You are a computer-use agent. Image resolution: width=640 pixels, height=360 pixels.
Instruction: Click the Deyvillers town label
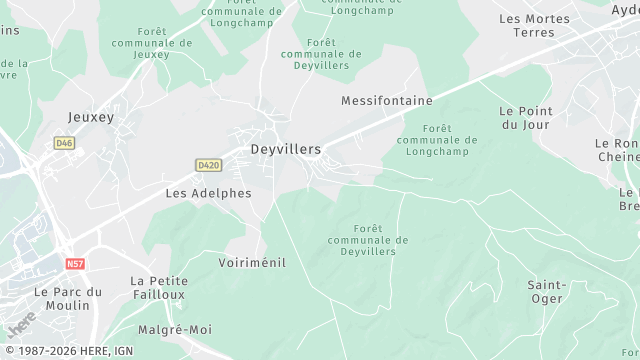(285, 149)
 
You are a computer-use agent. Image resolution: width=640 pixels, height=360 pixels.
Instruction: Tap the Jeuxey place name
(91, 117)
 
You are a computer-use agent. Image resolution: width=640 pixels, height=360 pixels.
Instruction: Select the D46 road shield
(65, 143)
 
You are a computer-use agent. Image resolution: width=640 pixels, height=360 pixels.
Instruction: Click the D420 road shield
(209, 164)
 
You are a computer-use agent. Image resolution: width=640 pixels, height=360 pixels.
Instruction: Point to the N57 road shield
(74, 264)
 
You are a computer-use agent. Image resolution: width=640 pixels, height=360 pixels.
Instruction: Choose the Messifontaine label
(386, 101)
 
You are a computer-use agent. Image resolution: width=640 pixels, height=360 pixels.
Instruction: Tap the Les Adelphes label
(208, 192)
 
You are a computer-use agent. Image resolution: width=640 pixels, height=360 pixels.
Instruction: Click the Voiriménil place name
(252, 262)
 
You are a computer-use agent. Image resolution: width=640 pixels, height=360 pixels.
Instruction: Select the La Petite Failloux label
(159, 288)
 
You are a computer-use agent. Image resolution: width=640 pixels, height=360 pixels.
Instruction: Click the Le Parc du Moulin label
(68, 298)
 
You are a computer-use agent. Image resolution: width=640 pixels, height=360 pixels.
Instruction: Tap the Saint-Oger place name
(546, 291)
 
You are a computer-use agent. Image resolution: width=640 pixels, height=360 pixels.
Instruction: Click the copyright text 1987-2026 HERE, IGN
(67, 351)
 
